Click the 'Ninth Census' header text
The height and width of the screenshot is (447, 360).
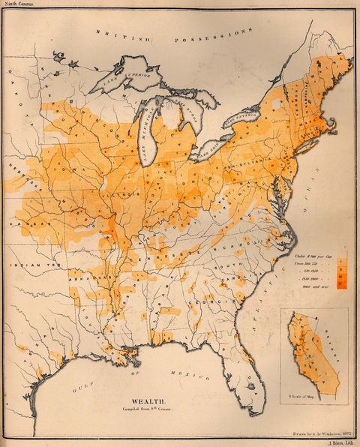17,4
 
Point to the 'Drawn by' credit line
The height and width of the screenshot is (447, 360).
319,433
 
